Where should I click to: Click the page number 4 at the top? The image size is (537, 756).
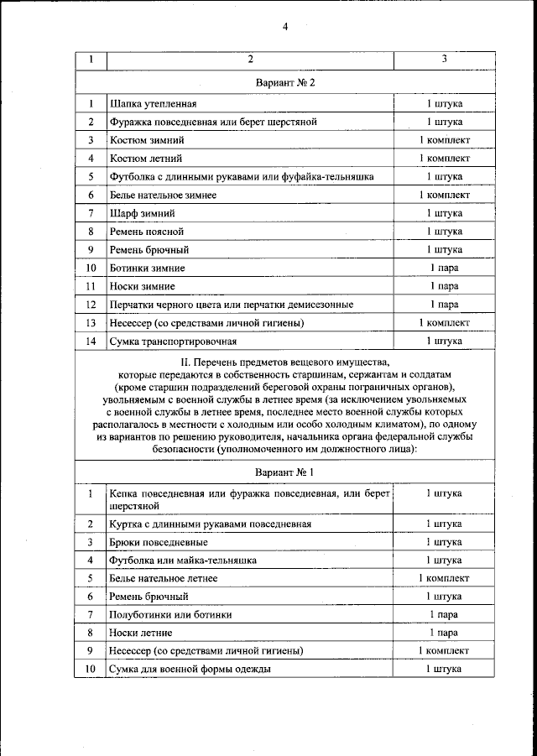[284, 27]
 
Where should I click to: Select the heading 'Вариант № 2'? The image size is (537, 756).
[284, 83]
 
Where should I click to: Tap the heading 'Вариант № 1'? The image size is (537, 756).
[284, 472]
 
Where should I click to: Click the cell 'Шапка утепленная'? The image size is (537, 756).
[153, 104]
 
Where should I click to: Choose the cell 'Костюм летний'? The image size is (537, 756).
[145, 159]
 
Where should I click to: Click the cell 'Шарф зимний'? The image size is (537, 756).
[142, 213]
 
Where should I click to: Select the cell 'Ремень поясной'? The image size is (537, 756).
[146, 232]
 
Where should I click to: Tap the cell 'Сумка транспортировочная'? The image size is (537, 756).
[173, 342]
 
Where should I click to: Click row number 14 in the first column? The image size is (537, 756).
[91, 342]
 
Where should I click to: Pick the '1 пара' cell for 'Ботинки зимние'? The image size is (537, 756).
[444, 269]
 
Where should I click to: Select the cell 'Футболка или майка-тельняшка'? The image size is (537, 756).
[183, 560]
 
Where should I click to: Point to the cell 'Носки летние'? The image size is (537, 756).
[141, 633]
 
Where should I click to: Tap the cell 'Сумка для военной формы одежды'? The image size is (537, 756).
[190, 670]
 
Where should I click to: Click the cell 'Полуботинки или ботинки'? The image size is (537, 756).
[170, 615]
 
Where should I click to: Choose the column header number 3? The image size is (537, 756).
[444, 60]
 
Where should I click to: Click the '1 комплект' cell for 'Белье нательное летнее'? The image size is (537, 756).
[444, 579]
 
